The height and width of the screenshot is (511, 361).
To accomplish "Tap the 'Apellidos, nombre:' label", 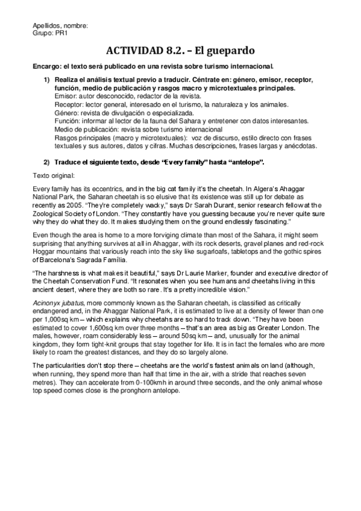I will tap(60, 25).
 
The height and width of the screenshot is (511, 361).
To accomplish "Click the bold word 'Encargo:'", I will tap(48, 66).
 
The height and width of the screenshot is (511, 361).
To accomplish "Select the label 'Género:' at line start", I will tap(67, 113).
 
